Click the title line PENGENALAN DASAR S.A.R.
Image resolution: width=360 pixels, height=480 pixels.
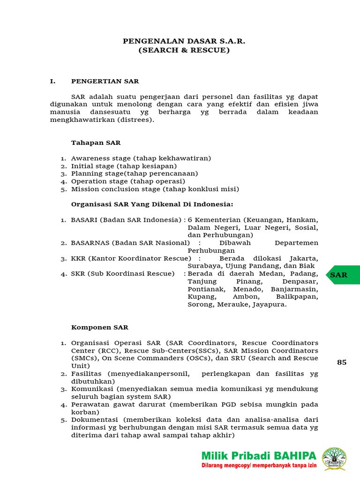[184, 41]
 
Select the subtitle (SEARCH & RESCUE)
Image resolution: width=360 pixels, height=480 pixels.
[184, 50]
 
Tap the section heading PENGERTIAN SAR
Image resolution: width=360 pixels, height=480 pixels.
[105, 81]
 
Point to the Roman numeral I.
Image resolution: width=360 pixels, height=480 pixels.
[53, 81]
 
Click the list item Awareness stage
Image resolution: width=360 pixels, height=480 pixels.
[100, 158]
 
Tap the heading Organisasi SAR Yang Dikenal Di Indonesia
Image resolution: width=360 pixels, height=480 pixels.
[152, 204]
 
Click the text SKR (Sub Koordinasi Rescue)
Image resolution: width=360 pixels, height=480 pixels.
[122, 274]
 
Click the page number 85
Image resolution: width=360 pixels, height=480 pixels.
[342, 362]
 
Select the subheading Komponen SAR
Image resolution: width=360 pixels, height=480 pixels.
[99, 327]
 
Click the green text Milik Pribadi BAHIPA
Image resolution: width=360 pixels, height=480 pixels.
[259, 456]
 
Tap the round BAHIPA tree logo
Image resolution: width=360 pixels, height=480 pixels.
[334, 459]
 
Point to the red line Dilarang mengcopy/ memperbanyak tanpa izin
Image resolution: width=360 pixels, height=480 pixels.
[259, 466]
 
